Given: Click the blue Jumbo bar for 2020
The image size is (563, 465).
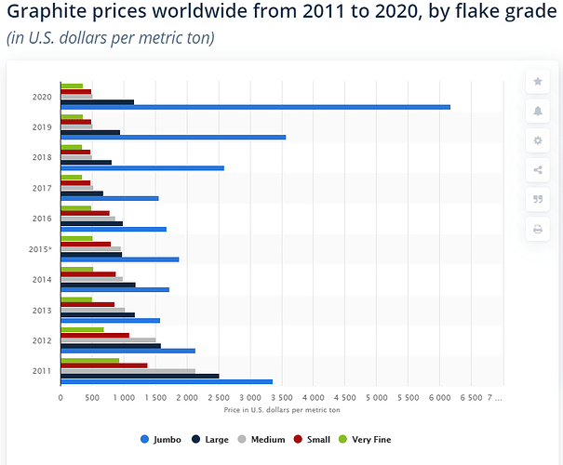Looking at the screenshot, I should click(x=255, y=107).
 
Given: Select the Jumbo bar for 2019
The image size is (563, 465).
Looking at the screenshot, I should click(x=173, y=138).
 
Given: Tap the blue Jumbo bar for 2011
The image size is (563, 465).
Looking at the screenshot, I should click(x=167, y=381).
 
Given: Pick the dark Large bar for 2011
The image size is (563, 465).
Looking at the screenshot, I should click(x=140, y=376).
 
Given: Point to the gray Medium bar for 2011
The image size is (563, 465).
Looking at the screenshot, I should click(x=127, y=370).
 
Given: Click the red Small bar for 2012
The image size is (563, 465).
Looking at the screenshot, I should click(x=95, y=335).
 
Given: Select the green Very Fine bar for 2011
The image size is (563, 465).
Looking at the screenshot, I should click(x=89, y=360).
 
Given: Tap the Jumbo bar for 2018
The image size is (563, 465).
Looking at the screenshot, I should click(x=142, y=168).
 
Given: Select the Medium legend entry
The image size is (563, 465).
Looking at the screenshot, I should click(x=263, y=439).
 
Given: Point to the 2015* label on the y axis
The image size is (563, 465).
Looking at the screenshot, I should click(x=40, y=249).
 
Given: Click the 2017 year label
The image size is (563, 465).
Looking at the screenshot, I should click(x=42, y=188).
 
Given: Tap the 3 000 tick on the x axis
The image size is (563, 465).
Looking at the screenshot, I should click(x=249, y=397).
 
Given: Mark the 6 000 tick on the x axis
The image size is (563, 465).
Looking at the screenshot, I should click(x=438, y=397).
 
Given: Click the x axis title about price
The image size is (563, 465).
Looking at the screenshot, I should click(x=281, y=409).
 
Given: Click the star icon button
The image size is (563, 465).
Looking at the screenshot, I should click(x=538, y=82).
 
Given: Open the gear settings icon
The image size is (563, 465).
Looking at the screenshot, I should click(x=538, y=140).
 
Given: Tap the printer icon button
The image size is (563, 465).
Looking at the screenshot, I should click(x=538, y=229).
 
